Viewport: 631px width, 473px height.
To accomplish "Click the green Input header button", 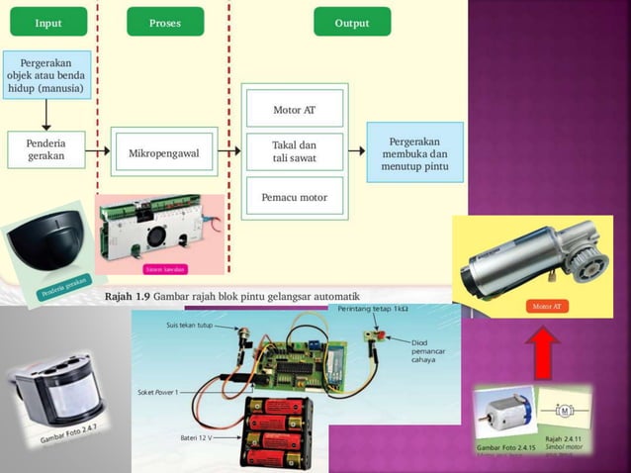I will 47,22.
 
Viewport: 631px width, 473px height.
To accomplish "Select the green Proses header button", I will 165,22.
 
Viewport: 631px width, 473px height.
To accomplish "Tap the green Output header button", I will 351,22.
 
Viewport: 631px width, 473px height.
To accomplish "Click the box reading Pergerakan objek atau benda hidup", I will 47,74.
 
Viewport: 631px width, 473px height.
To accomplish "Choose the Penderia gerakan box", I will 46,149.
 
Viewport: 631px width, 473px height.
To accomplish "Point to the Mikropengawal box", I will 164,153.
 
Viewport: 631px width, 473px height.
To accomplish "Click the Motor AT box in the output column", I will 294,110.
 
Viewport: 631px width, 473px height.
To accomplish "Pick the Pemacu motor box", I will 294,197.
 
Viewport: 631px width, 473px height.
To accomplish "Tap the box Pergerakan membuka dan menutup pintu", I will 414,153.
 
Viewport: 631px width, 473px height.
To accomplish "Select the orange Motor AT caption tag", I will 547,307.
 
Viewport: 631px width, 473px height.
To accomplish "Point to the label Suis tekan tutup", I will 189,325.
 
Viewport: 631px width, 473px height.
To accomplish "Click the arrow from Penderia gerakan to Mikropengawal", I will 97,152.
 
